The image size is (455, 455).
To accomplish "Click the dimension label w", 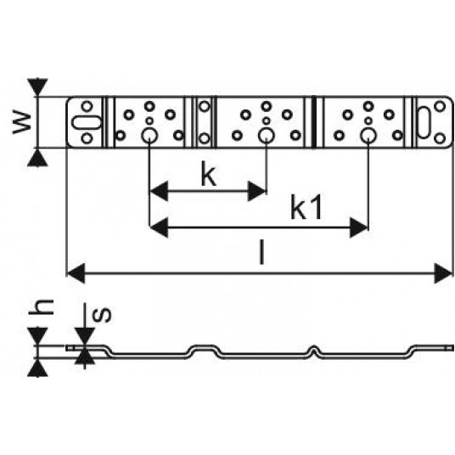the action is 22,123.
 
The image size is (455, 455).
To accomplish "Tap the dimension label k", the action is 209,175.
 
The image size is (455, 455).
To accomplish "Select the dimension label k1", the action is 306,208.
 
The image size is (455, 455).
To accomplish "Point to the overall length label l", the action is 261,253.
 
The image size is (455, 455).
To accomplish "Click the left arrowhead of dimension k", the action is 159,191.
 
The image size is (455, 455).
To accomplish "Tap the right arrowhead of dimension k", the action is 257,191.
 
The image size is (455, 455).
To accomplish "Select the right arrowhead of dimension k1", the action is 359,227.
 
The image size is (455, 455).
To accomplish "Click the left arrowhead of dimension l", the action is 76,273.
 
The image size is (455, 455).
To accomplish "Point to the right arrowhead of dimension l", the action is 444,273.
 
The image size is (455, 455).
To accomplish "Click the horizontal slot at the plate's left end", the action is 87,122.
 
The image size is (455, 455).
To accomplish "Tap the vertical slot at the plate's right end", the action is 424,122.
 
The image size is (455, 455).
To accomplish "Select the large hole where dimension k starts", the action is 149,135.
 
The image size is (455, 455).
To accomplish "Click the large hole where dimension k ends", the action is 266,135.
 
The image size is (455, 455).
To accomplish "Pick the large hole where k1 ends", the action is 368,135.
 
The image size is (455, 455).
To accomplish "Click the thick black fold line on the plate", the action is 314,122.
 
